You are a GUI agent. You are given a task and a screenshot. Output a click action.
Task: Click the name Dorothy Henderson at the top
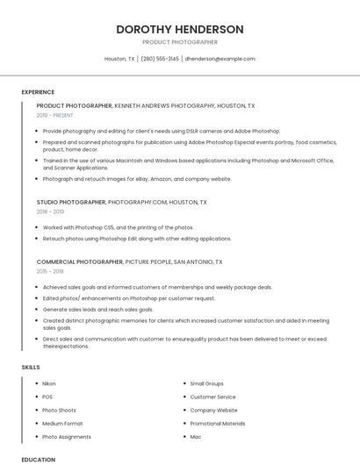(x=179, y=29)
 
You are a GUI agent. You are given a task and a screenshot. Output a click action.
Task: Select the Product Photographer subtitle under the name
(x=179, y=42)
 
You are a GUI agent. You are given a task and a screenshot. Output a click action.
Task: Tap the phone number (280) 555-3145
(x=160, y=59)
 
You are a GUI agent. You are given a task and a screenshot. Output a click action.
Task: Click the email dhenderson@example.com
(x=220, y=59)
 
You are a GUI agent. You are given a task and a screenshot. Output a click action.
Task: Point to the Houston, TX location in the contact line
(x=119, y=59)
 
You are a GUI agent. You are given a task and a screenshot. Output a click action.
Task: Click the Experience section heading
(x=38, y=92)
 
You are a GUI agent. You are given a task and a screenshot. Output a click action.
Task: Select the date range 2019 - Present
(x=54, y=115)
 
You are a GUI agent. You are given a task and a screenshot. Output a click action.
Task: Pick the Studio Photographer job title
(x=71, y=202)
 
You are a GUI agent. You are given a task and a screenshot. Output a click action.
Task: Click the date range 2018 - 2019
(x=50, y=211)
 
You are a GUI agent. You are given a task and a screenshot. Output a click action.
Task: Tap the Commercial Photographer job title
(x=79, y=261)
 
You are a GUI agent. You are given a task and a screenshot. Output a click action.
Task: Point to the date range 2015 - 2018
(x=50, y=271)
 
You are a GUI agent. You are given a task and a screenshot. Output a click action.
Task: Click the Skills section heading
(x=31, y=367)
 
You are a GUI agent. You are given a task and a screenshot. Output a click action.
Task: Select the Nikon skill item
(x=49, y=383)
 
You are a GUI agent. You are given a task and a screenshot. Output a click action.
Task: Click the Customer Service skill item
(x=212, y=397)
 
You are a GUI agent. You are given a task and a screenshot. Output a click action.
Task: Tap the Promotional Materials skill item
(x=218, y=423)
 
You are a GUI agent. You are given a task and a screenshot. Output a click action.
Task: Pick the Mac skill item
(x=196, y=436)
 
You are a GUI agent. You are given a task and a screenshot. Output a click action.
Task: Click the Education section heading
(x=38, y=459)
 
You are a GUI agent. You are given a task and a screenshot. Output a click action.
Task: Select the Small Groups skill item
(x=207, y=383)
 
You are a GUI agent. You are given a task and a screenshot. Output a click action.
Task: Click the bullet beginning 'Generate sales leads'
(x=97, y=310)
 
